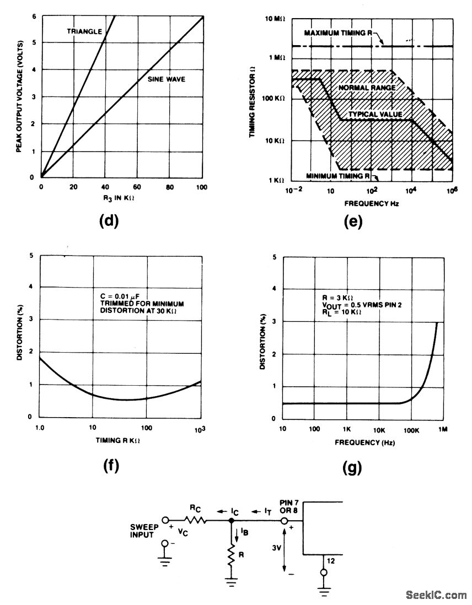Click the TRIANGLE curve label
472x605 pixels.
[x=84, y=31]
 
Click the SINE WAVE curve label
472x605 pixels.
[x=167, y=79]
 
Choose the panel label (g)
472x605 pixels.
[x=352, y=468]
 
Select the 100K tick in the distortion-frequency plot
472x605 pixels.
[x=411, y=430]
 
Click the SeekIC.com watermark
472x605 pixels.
[x=436, y=595]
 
